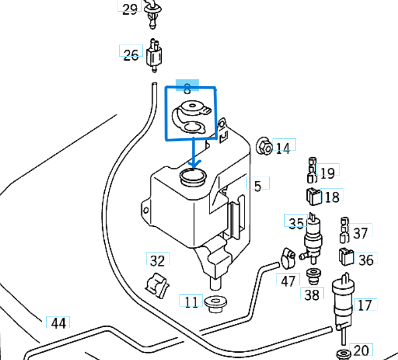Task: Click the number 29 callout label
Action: [129, 9]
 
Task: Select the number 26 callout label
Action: [130, 55]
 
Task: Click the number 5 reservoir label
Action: [258, 185]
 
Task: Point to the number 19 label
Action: [327, 173]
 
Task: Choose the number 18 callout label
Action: [331, 196]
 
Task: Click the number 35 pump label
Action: [296, 223]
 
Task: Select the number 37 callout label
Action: [361, 232]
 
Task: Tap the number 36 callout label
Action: [366, 260]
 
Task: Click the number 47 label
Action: [288, 280]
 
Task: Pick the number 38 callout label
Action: [312, 294]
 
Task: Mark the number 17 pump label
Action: [365, 305]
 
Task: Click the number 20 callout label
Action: [361, 350]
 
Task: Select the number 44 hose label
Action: [58, 323]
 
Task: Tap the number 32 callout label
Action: [158, 260]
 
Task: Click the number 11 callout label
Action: [191, 302]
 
